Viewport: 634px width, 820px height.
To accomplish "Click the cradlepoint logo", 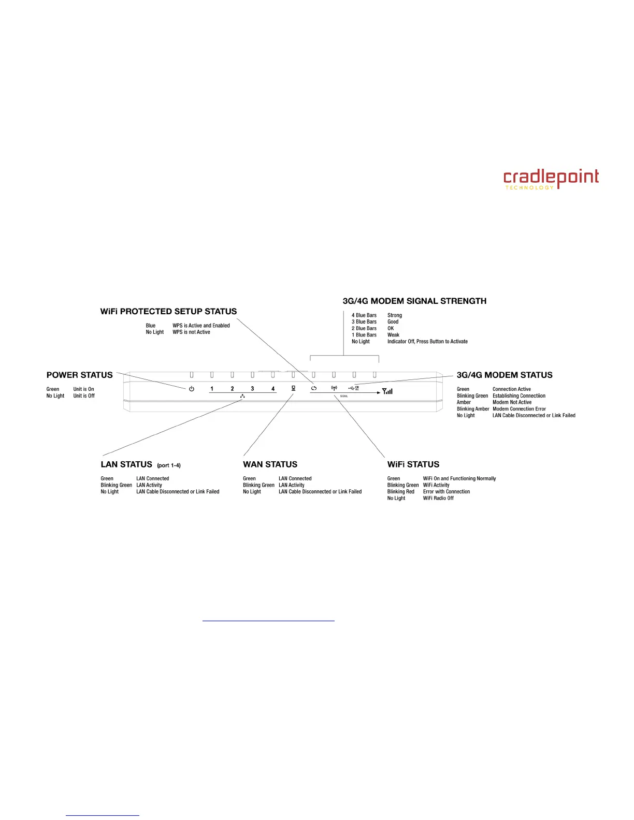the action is click(551, 179).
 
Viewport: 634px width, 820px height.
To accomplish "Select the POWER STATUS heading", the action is click(79, 375).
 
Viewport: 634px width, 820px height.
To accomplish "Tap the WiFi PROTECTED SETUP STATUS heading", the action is click(168, 311).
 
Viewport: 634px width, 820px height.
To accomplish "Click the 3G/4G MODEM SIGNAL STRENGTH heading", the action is click(414, 301).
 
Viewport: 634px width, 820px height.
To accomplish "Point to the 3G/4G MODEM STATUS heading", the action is click(505, 375).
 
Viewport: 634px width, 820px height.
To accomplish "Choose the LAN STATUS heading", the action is click(126, 464).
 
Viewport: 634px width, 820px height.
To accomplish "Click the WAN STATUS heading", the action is click(270, 464).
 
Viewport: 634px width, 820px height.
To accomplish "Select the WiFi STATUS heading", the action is click(413, 464).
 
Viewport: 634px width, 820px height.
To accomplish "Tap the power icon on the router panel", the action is click(192, 389).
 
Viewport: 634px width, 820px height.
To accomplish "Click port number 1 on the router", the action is click(212, 389).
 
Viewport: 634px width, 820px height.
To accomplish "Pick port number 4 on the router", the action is click(273, 389).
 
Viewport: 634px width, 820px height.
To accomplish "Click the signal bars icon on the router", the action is click(387, 391).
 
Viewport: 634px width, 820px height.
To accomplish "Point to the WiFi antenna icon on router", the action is click(334, 388).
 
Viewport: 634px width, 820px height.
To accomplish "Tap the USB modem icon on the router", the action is click(354, 388).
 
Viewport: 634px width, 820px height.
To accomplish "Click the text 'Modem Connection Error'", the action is click(519, 409).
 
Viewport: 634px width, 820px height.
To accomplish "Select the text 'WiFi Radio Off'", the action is click(438, 498).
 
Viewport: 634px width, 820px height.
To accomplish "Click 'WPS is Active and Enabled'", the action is click(201, 326).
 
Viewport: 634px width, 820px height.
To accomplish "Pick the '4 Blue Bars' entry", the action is click(364, 315).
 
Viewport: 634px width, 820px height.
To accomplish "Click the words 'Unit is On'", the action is click(83, 389).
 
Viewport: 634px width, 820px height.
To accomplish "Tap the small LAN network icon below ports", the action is click(242, 396).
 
